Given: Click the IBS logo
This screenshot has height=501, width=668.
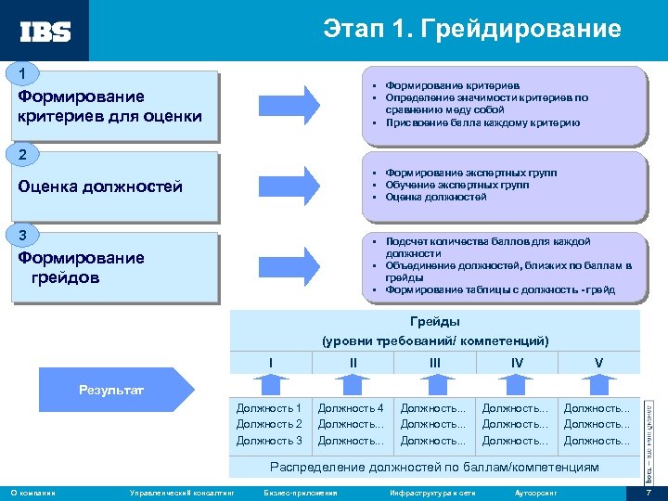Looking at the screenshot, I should [45, 31].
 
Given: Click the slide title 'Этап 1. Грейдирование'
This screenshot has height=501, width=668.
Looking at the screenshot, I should [471, 30].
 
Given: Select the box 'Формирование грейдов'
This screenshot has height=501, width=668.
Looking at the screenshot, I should [115, 268].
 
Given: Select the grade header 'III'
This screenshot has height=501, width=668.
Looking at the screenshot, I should [435, 361].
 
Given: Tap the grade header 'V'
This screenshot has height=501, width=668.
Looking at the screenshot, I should [598, 361].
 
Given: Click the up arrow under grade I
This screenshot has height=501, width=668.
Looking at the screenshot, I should [270, 382].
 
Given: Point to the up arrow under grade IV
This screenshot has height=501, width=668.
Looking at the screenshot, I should [517, 382].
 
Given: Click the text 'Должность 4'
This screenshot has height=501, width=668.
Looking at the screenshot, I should [351, 407].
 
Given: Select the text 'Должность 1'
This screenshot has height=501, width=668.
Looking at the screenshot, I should [269, 407].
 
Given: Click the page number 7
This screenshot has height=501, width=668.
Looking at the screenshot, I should [649, 492].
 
